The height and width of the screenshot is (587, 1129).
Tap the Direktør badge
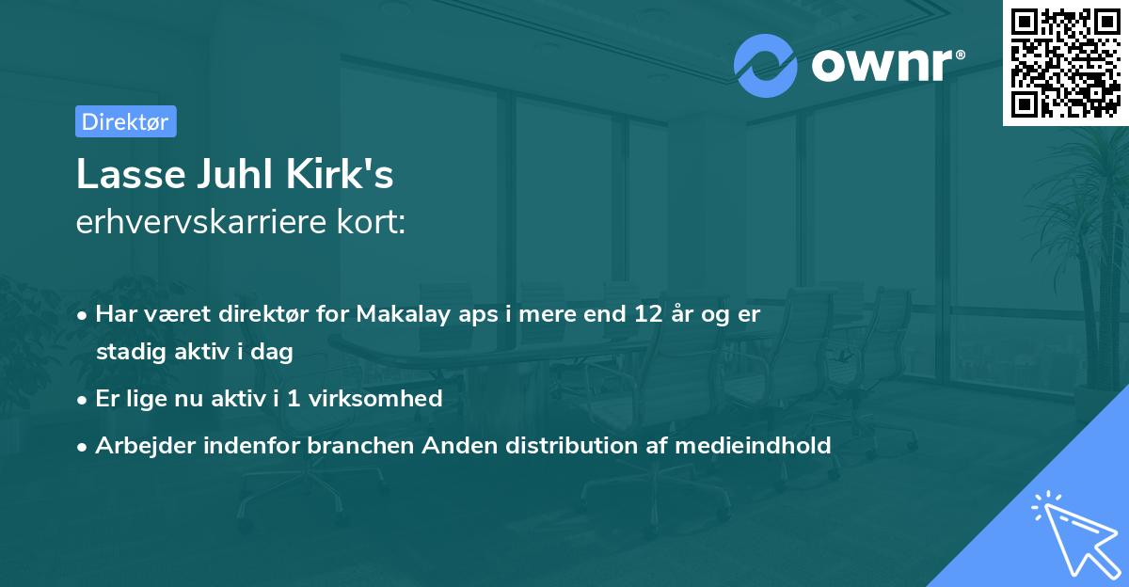pyautogui.click(x=125, y=121)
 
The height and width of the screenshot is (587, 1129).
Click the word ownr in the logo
pyautogui.click(x=882, y=64)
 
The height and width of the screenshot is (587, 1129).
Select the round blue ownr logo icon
pyautogui.click(x=766, y=65)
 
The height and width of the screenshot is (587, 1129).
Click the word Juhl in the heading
pyautogui.click(x=226, y=174)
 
